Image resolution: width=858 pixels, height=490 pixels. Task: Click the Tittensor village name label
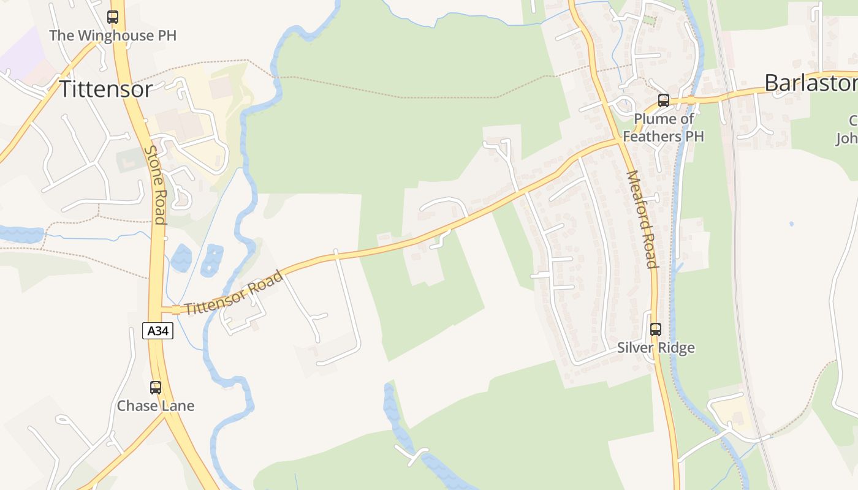click(105, 89)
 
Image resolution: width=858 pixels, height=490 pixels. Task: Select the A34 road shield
click(158, 331)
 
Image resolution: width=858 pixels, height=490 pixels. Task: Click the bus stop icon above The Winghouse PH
click(113, 17)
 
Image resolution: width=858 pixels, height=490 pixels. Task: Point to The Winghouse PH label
click(113, 36)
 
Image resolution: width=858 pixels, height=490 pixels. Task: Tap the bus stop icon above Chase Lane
click(156, 387)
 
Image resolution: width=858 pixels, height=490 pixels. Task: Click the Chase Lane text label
click(156, 405)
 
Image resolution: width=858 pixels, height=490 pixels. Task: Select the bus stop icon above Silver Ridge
click(656, 330)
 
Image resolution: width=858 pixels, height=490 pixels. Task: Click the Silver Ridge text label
click(656, 348)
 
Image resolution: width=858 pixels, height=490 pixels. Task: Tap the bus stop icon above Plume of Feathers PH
click(664, 100)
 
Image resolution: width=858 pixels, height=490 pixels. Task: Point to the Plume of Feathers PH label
click(664, 127)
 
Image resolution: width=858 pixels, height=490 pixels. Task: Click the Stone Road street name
click(156, 184)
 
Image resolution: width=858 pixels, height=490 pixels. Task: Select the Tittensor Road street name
click(234, 293)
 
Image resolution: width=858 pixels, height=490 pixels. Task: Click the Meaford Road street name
click(642, 219)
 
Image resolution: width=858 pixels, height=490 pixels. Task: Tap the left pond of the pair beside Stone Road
click(181, 258)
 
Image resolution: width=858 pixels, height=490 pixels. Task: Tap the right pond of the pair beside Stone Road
click(212, 259)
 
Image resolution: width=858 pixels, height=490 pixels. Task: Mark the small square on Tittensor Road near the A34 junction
click(177, 310)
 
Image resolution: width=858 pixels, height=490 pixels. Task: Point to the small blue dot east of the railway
click(791, 224)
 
